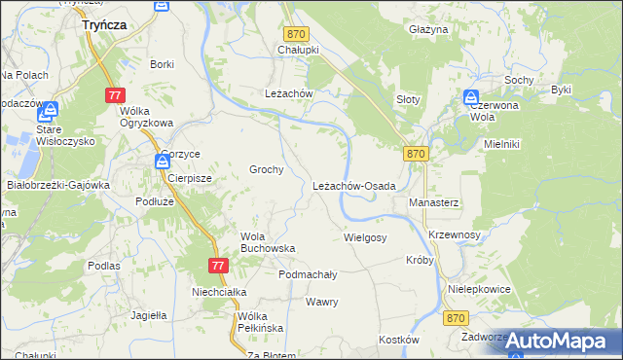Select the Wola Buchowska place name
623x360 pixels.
(x=268, y=242)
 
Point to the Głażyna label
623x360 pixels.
(x=428, y=31)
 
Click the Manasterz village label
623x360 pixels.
(x=433, y=202)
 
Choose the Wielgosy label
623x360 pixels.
(x=366, y=237)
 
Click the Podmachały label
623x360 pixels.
(x=308, y=275)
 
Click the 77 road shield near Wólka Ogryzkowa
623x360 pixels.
(x=116, y=94)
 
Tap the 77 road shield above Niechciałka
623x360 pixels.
(x=218, y=265)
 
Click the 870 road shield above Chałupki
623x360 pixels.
(x=297, y=34)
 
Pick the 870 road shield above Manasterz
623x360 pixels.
(x=416, y=154)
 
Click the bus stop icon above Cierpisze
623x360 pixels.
(x=162, y=162)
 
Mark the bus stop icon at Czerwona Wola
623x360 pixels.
(x=470, y=98)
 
